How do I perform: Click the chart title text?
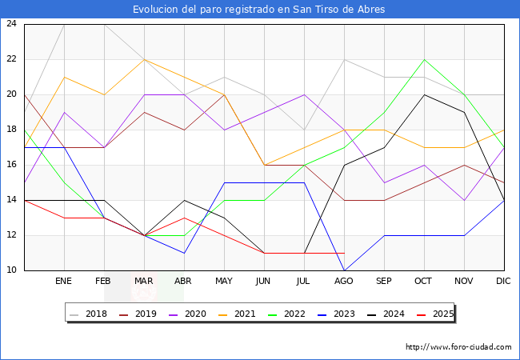(260, 10)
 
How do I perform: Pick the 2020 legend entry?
(188, 314)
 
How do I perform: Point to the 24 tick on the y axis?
(12, 24)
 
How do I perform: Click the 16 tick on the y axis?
(12, 165)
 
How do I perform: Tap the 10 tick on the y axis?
(12, 270)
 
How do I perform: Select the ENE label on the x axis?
(64, 282)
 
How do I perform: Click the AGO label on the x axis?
(344, 282)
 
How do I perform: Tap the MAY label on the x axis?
(224, 282)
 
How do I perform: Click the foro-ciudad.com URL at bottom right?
(458, 347)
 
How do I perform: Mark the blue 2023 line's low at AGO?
(344, 270)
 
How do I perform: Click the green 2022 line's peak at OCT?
(424, 59)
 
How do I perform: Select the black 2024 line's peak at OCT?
(424, 94)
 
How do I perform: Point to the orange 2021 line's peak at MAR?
(144, 59)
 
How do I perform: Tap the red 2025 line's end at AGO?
(344, 253)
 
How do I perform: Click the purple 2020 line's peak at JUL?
(304, 94)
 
